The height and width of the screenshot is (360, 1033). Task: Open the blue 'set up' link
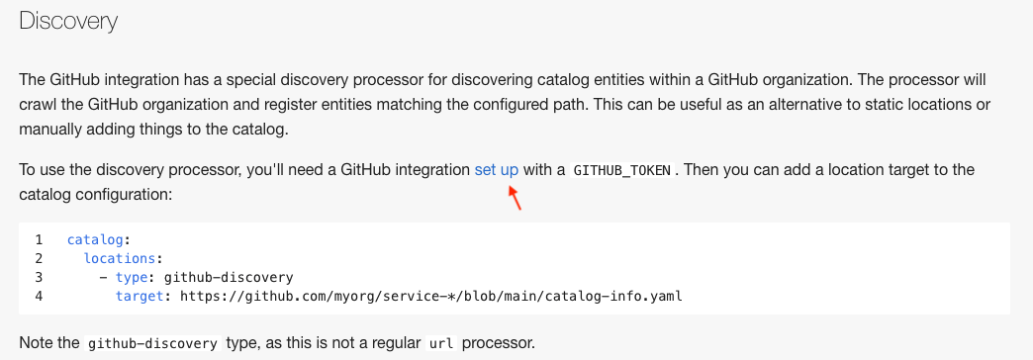point(497,169)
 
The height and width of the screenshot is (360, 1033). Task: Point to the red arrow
point(514,197)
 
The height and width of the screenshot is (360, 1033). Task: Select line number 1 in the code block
point(39,240)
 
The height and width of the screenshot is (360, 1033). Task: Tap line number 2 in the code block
point(39,258)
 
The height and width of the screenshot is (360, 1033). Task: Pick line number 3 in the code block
point(39,277)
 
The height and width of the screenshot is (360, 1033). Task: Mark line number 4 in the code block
point(39,296)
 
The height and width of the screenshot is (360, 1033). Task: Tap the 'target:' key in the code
point(143,296)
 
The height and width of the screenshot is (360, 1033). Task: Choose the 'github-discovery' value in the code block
point(229,277)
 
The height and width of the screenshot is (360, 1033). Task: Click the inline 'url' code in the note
point(440,345)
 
